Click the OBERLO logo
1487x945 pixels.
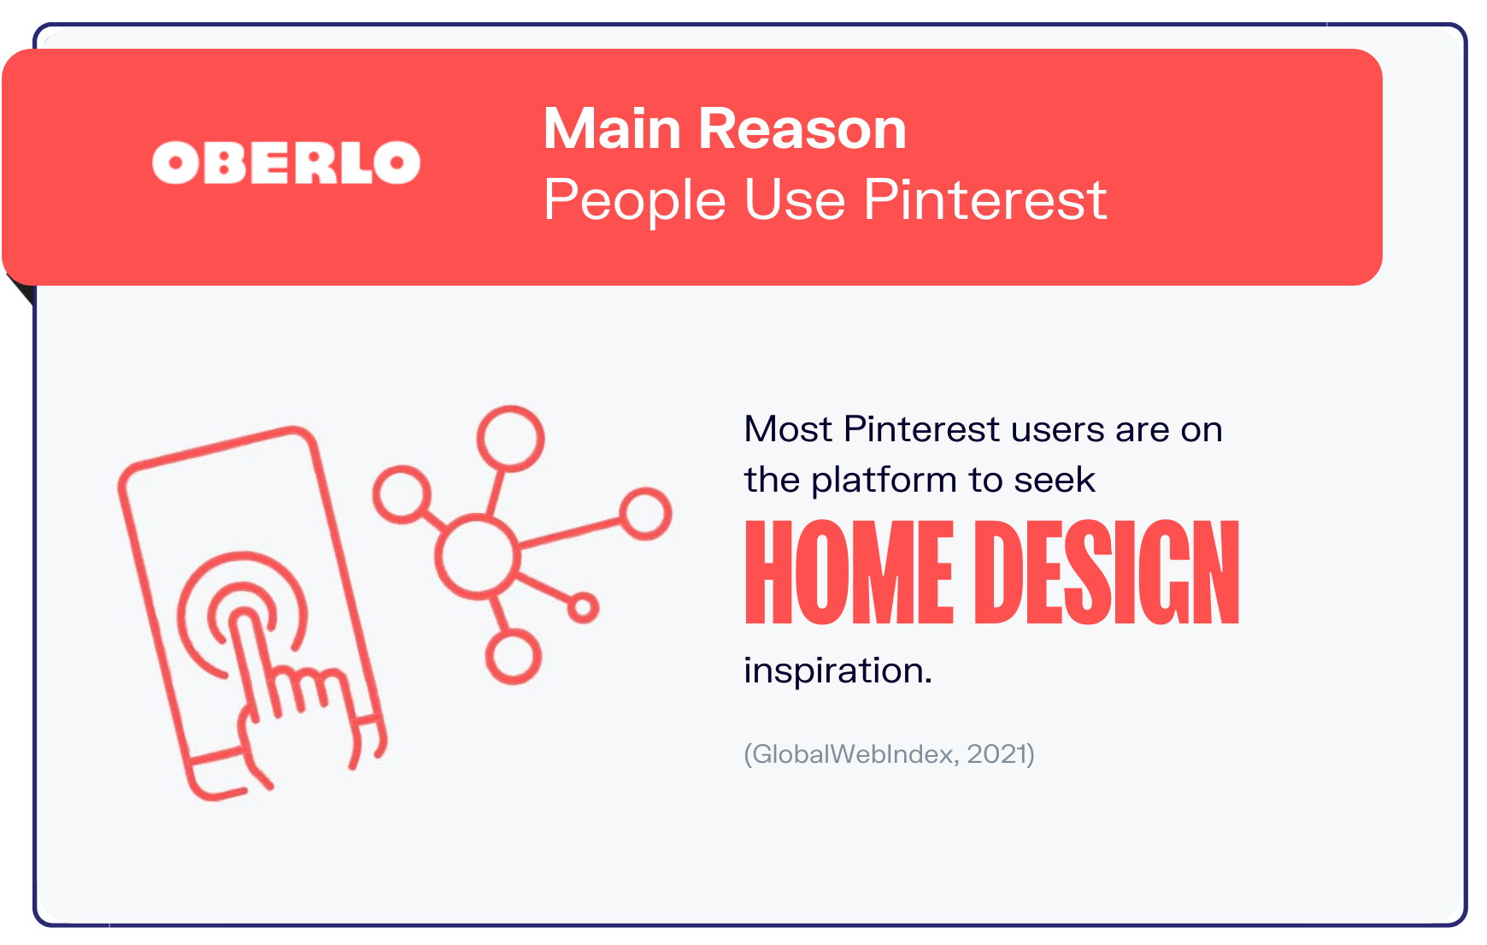click(286, 162)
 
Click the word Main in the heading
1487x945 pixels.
click(612, 129)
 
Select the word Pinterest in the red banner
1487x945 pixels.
click(984, 200)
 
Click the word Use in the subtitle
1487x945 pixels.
click(794, 200)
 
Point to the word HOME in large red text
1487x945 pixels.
click(849, 573)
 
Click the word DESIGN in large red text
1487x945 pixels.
click(1107, 573)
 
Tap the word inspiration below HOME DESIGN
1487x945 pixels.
click(836, 670)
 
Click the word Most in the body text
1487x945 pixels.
click(787, 429)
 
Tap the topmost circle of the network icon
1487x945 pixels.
click(510, 438)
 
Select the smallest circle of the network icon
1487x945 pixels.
click(583, 608)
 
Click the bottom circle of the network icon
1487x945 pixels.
click(513, 657)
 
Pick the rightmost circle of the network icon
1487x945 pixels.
click(645, 513)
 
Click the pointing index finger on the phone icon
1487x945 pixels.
click(248, 650)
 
